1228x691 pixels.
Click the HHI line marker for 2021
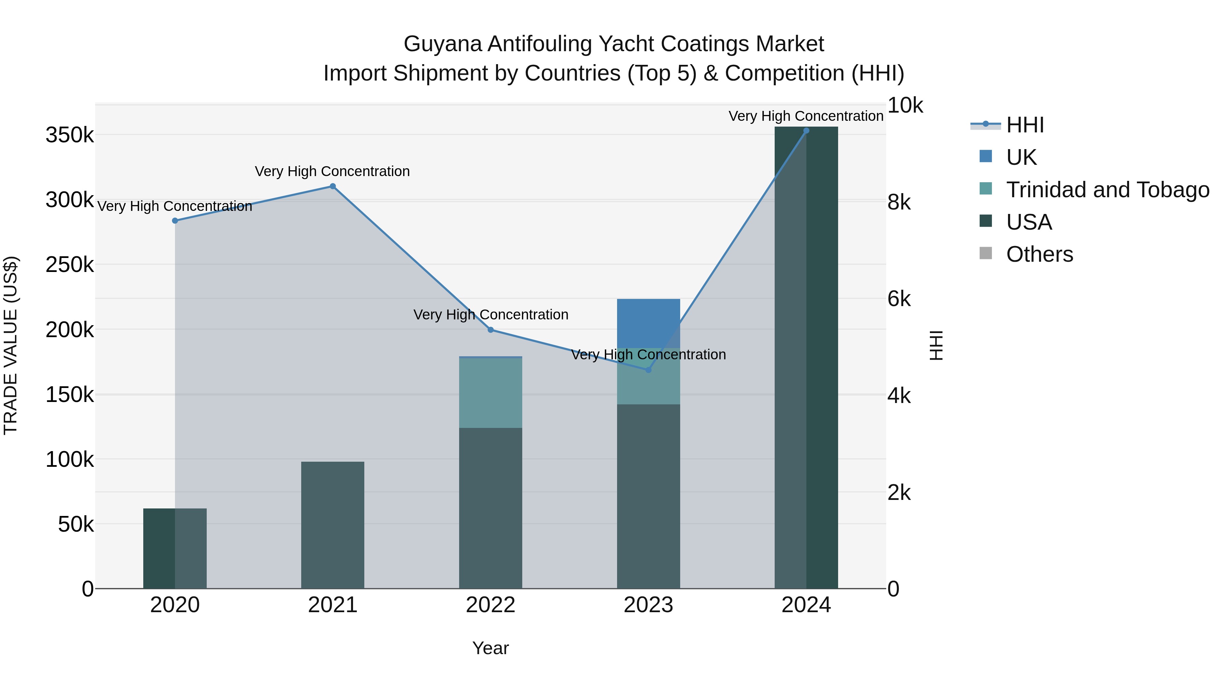(x=333, y=186)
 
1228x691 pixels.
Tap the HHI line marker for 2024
(x=806, y=131)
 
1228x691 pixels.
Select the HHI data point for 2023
(x=648, y=370)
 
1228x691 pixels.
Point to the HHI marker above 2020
(x=175, y=221)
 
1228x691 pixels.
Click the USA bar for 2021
(x=333, y=524)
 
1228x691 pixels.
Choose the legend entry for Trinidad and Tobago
(x=1107, y=189)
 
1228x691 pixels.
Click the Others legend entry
(x=1039, y=254)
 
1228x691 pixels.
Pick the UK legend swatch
(x=985, y=156)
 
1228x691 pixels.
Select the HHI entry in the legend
(x=1025, y=125)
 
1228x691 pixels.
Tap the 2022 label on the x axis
(x=491, y=605)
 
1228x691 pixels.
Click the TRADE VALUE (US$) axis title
(x=11, y=345)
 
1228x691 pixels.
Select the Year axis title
(x=491, y=648)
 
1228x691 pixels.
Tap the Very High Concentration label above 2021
(x=332, y=171)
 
